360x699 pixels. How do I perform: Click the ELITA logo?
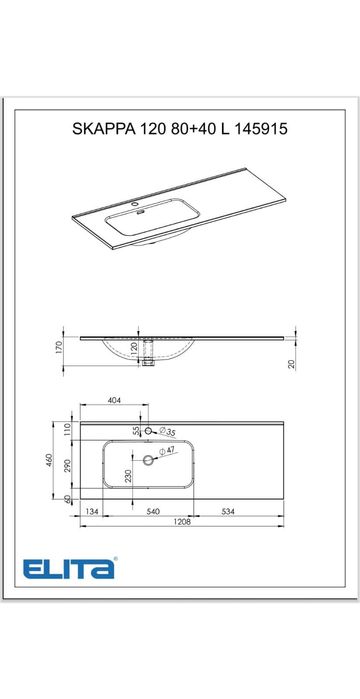pyautogui.click(x=70, y=569)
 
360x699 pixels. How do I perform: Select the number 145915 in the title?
pyautogui.click(x=261, y=129)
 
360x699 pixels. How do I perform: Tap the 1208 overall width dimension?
pyautogui.click(x=182, y=522)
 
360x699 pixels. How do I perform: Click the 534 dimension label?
pyautogui.click(x=228, y=511)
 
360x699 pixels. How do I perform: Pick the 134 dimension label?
pyautogui.click(x=91, y=511)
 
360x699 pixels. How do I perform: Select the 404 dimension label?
pyautogui.click(x=115, y=400)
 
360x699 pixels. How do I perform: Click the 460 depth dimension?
pyautogui.click(x=49, y=460)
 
